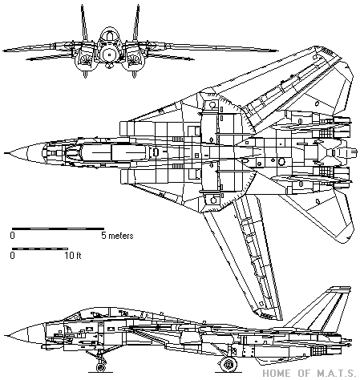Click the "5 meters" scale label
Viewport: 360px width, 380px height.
117,236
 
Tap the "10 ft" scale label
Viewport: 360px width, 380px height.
73,256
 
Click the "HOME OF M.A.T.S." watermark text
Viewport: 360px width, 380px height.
309,373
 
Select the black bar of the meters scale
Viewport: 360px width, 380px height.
58,228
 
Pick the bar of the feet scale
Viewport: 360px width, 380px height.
40,249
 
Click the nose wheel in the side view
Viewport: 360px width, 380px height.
101,367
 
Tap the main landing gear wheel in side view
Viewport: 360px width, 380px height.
228,365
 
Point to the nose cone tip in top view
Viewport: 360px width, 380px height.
5,153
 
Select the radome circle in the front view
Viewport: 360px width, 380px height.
109,55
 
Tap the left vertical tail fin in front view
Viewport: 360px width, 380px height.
83,23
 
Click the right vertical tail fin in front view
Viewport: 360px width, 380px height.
136,23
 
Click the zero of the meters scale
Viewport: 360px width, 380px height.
12,236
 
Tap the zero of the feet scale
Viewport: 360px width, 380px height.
12,256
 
